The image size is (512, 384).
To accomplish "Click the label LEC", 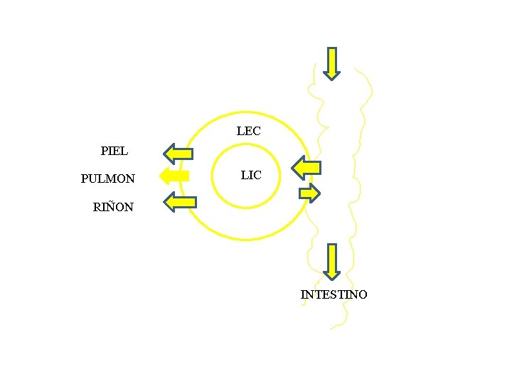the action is click(248, 132).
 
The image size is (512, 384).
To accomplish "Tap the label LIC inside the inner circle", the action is click(251, 175).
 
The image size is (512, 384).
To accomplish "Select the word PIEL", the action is click(114, 151).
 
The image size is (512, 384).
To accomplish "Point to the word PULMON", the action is click(108, 178).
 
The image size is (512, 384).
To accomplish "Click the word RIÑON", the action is click(113, 208).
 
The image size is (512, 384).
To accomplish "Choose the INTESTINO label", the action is click(334, 294).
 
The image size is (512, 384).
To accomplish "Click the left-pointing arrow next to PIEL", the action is click(178, 153).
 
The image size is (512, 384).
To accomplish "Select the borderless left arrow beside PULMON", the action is click(174, 176).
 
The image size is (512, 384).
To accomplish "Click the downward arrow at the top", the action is click(332, 63).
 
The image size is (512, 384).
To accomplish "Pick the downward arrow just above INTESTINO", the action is click(331, 260).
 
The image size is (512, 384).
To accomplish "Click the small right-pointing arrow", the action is click(310, 192).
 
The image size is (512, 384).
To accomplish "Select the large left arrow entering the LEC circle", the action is click(306, 169).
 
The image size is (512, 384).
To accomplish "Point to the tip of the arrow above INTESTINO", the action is click(331, 277).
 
